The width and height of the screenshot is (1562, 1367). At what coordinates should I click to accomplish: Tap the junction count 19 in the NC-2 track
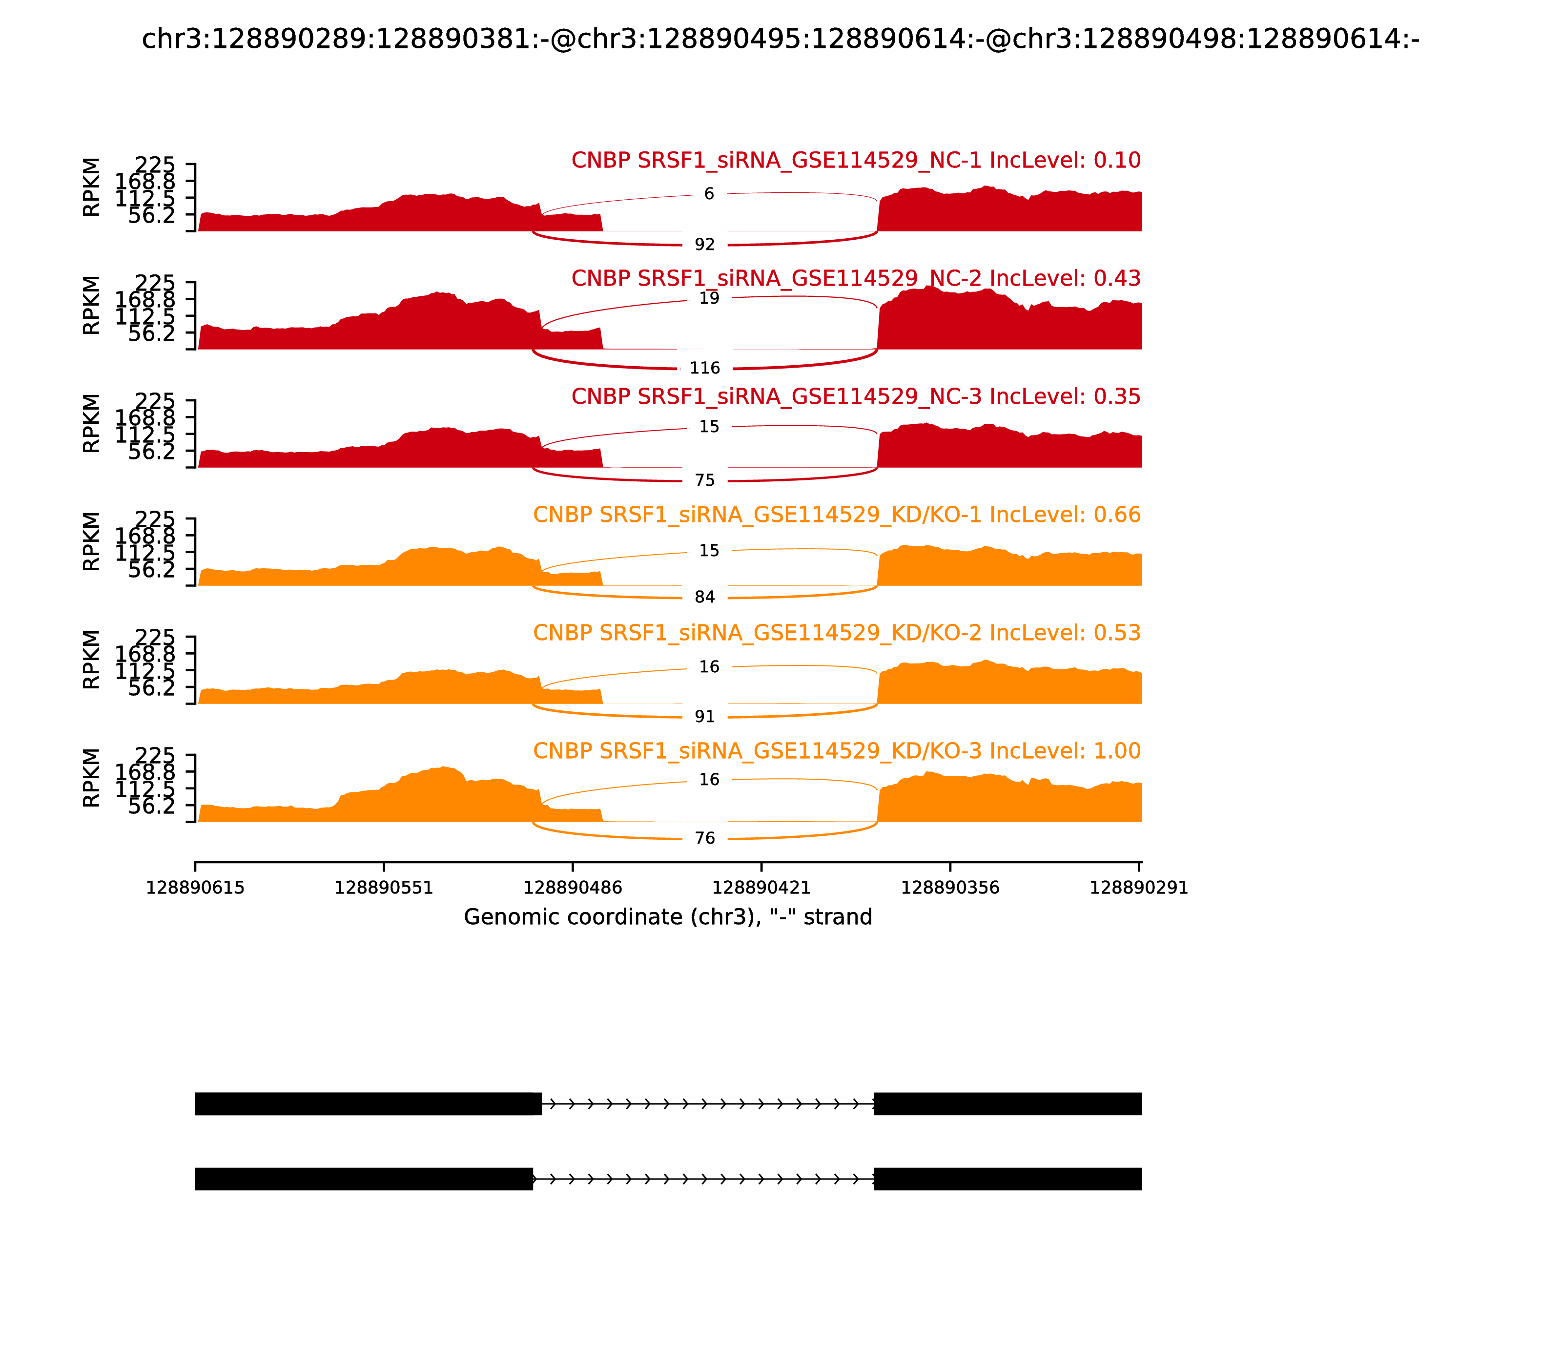pyautogui.click(x=709, y=298)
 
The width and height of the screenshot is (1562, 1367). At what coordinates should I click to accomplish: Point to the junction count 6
pyautogui.click(x=709, y=194)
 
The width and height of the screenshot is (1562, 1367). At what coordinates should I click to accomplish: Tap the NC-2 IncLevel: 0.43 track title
pyautogui.click(x=855, y=278)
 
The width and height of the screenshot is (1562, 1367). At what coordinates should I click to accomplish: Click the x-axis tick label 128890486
pyautogui.click(x=572, y=888)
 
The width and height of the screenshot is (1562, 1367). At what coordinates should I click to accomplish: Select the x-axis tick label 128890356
pyautogui.click(x=949, y=888)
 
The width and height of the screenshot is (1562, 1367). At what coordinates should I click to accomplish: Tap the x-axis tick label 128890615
pyautogui.click(x=195, y=888)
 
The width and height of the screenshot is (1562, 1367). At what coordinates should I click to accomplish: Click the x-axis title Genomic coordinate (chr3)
pyautogui.click(x=667, y=917)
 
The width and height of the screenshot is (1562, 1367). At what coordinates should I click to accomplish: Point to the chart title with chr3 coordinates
pyautogui.click(x=780, y=39)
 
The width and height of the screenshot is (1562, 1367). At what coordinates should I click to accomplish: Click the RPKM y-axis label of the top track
pyautogui.click(x=91, y=187)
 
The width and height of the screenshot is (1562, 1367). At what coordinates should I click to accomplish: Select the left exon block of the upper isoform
pyautogui.click(x=368, y=1103)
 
